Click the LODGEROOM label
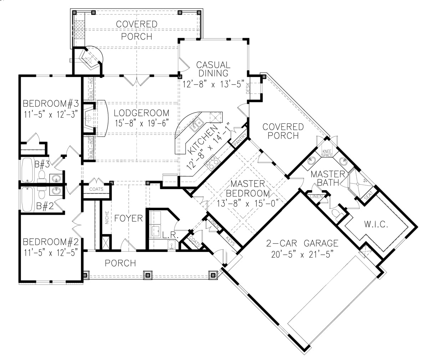point(142,113)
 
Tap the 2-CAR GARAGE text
point(302,243)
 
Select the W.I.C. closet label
point(376,225)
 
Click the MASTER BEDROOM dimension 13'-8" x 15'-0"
point(248,203)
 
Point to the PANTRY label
point(238,141)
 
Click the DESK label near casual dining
point(248,88)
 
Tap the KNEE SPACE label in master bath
point(327,153)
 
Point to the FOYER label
point(128,218)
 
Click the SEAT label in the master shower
point(368,196)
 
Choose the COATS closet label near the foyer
point(96,189)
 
